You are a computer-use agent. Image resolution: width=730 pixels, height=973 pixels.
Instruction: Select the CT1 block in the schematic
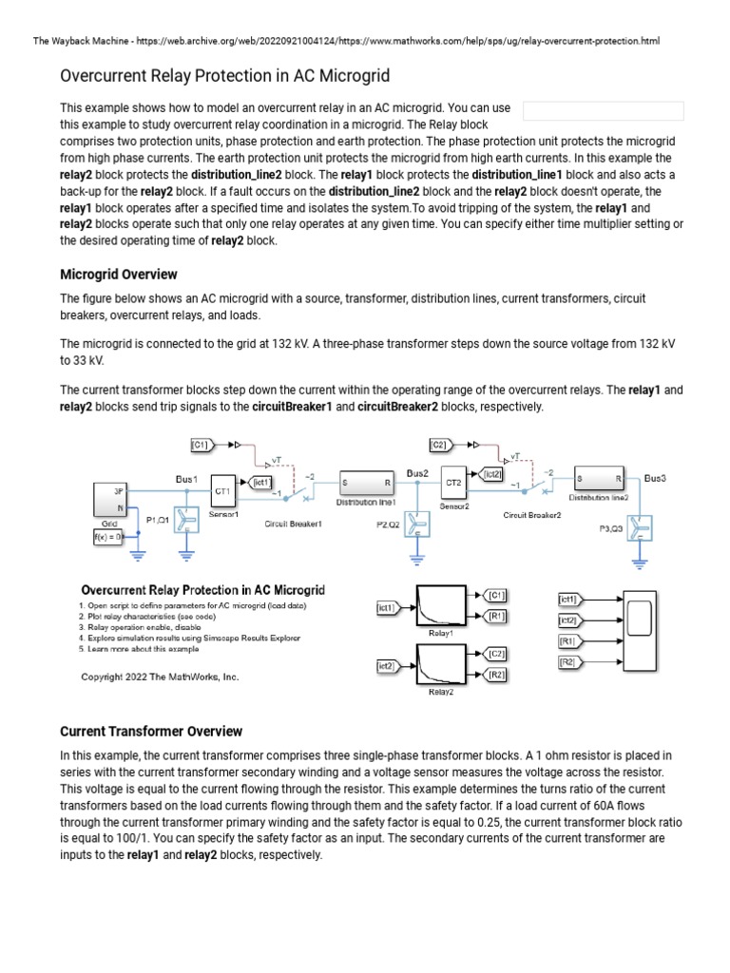(222, 491)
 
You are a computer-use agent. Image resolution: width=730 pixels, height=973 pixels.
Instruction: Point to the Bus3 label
(656, 477)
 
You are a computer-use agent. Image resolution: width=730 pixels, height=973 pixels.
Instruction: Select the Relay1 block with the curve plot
(440, 605)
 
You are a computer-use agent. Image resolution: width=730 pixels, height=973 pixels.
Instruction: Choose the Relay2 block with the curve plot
(440, 665)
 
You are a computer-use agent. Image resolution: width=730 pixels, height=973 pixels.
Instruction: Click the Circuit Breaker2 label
(532, 515)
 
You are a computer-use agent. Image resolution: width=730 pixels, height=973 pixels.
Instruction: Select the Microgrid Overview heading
(119, 275)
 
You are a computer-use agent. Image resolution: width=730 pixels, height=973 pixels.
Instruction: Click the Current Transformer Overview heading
(151, 732)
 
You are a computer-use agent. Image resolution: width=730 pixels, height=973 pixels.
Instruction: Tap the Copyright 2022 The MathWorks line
(160, 677)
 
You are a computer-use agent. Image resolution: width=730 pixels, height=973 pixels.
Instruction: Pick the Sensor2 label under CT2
(454, 506)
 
